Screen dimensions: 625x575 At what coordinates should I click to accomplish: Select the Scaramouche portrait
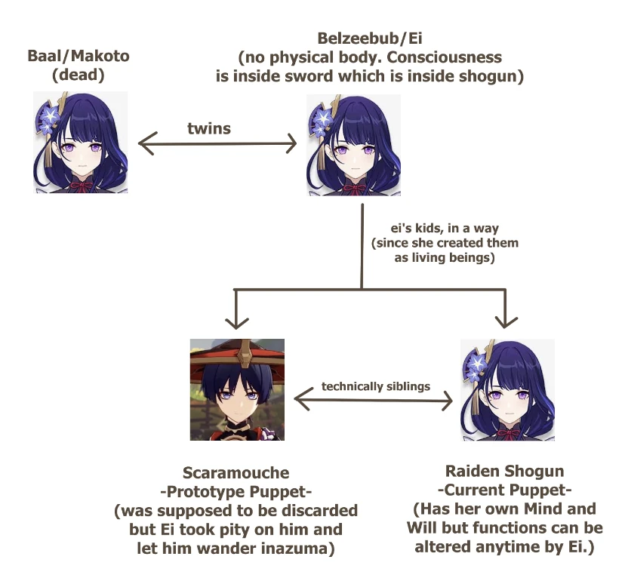click(x=237, y=389)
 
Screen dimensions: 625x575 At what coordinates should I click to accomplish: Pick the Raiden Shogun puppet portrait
click(x=507, y=389)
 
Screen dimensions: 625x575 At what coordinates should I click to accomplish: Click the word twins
click(x=209, y=129)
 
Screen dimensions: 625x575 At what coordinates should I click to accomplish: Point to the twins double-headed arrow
click(x=217, y=143)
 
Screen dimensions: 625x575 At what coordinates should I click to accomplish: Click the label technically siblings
click(x=375, y=386)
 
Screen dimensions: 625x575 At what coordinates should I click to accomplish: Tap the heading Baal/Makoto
click(x=79, y=56)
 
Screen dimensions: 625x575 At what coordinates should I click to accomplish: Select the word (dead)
click(x=79, y=76)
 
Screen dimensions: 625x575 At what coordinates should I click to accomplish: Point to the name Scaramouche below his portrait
click(x=236, y=473)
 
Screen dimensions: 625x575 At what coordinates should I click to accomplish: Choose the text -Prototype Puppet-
click(x=236, y=492)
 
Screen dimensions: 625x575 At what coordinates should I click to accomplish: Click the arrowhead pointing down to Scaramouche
click(x=237, y=321)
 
